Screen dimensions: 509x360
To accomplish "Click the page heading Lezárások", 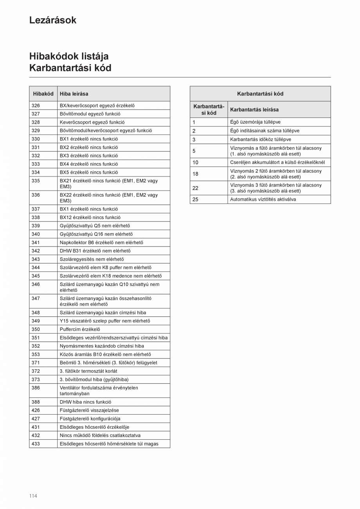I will coord(53,20).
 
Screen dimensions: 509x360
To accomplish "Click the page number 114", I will coord(33,496).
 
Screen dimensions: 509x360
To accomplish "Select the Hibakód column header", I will coord(43,94).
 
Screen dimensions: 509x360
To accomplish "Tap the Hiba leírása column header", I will coord(74,94).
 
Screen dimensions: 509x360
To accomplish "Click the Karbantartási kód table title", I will coord(260,94).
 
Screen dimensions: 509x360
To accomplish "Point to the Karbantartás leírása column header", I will coord(254,110).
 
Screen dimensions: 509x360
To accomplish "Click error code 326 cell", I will coord(36,106).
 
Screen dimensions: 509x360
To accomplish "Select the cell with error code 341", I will coord(36,243).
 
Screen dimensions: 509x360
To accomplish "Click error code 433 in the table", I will coord(36,444).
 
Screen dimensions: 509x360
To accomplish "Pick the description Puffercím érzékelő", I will coord(80,329).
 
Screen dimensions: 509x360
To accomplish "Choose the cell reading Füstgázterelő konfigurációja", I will coord(90,419).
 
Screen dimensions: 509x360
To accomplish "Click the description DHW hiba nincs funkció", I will coord(85,402).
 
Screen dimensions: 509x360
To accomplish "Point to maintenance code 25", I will coord(196,200).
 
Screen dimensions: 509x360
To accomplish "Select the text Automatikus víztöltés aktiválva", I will coord(263,200).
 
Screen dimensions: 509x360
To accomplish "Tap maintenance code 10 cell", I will coord(196,162).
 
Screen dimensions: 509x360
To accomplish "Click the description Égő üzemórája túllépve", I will coord(255,122).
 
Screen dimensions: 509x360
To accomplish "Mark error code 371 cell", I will coord(36,363).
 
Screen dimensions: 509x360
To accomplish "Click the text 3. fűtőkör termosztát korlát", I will coord(88,371).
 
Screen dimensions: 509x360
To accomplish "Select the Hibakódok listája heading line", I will coord(69,56).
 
